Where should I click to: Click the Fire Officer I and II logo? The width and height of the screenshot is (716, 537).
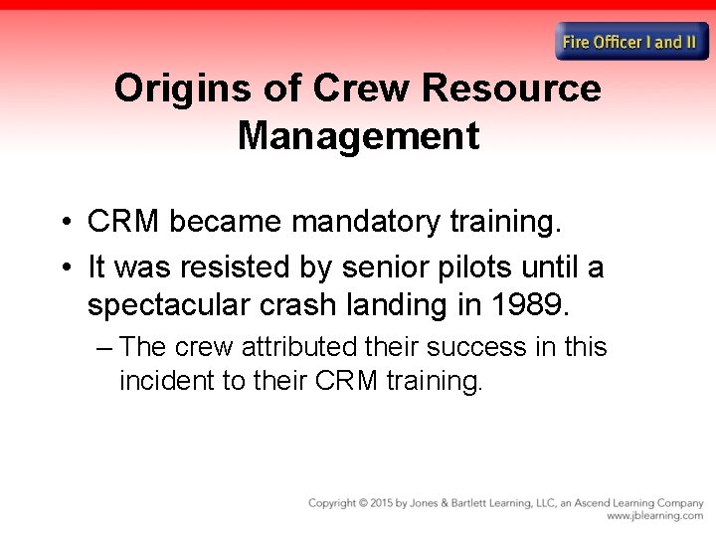coord(631,42)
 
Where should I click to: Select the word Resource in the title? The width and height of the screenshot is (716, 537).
coord(511,89)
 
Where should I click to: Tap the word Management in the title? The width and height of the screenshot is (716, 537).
coord(358,135)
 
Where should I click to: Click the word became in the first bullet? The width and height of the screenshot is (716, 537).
coord(226,223)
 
